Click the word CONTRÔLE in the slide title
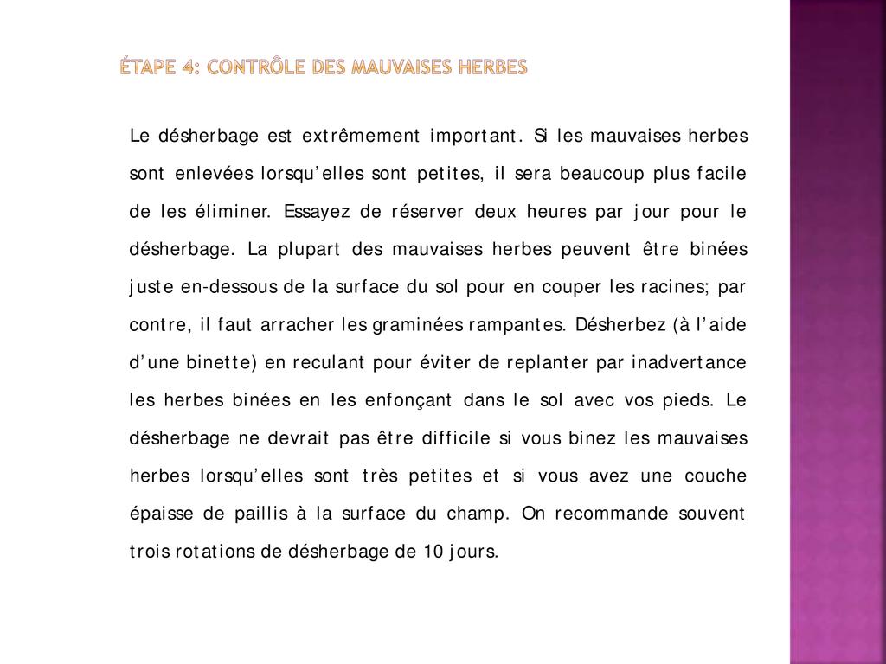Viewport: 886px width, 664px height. click(265, 67)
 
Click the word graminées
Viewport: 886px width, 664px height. click(418, 325)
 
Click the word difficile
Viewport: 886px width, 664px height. click(456, 438)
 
